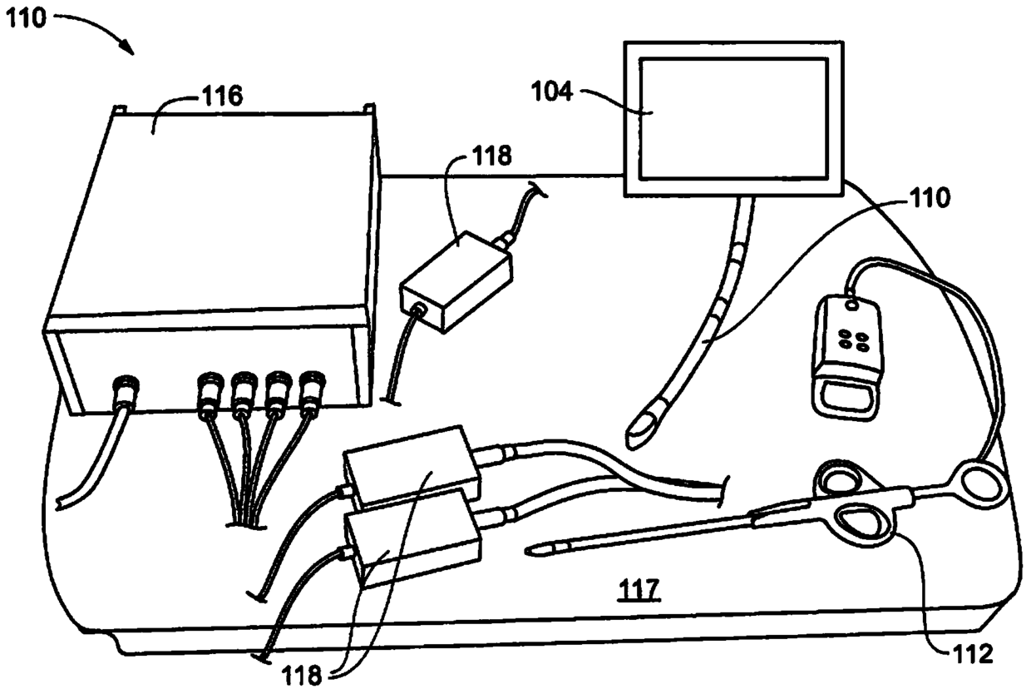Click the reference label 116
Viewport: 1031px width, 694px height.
[221, 97]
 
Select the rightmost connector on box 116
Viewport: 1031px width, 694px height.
[312, 389]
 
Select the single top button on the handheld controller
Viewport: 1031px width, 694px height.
[851, 305]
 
